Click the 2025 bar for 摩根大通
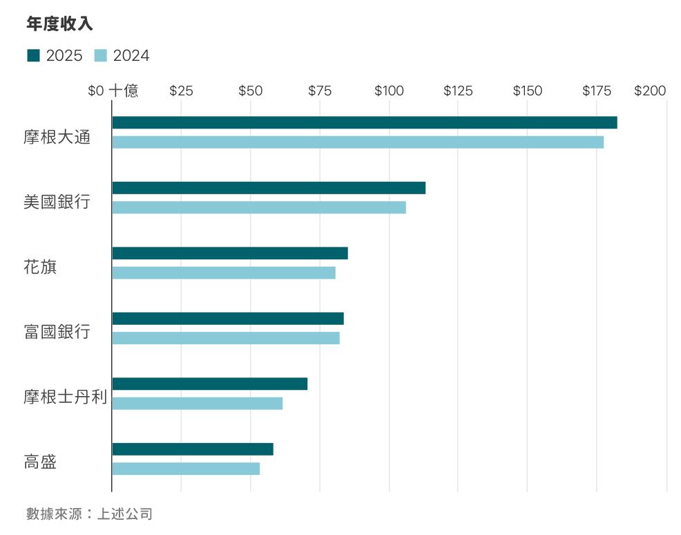tap(364, 122)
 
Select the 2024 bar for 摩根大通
tap(357, 142)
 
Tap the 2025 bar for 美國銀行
tap(268, 188)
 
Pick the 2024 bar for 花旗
tap(223, 272)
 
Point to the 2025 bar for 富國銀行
tap(227, 319)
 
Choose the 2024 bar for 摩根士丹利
tap(197, 403)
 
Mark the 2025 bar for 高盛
tap(192, 449)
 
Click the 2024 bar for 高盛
tap(185, 469)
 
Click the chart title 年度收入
tap(59, 24)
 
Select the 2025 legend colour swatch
tap(33, 55)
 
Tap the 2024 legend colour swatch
tap(100, 55)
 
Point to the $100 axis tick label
tap(389, 91)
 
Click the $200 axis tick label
tap(649, 91)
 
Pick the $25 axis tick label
tap(181, 91)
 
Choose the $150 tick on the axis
tap(527, 91)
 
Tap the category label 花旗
tap(40, 267)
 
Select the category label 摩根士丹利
tap(65, 397)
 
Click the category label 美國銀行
tap(57, 202)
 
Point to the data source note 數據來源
tap(88, 514)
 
